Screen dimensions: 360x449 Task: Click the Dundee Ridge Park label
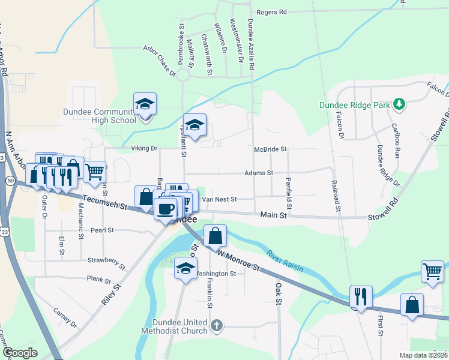click(355, 104)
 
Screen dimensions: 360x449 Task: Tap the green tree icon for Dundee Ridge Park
click(399, 105)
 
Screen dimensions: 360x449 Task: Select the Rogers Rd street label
click(271, 12)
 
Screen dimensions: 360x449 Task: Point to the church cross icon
click(217, 326)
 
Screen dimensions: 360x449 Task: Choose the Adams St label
click(259, 173)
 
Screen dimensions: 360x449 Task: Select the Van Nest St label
click(220, 199)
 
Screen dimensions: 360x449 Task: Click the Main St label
click(272, 214)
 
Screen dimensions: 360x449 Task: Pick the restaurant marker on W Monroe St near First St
click(361, 296)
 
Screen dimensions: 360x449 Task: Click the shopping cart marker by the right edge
click(432, 271)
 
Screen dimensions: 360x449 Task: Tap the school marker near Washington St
click(185, 268)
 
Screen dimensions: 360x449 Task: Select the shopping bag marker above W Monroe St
click(215, 235)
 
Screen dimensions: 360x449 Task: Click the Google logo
click(20, 353)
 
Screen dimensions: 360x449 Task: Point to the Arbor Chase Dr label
click(159, 62)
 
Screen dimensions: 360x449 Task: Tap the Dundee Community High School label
click(100, 116)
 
